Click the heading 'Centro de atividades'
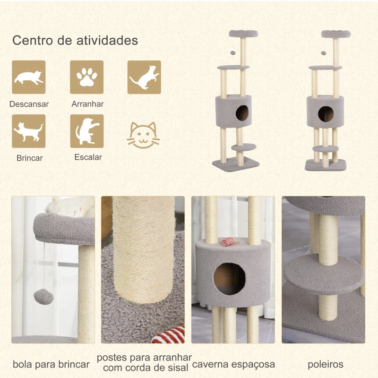[75, 40]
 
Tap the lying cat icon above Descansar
[29, 77]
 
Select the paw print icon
[86, 77]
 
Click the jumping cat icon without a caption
[144, 77]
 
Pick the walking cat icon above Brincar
[29, 131]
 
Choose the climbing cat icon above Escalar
[86, 131]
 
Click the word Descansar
[29, 104]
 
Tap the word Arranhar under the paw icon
[87, 104]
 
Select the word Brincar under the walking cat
[29, 158]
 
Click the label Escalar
[88, 157]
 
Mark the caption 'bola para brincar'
[51, 364]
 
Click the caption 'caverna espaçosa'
[233, 364]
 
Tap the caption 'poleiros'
[326, 364]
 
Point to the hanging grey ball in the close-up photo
[43, 298]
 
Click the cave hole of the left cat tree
[242, 113]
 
